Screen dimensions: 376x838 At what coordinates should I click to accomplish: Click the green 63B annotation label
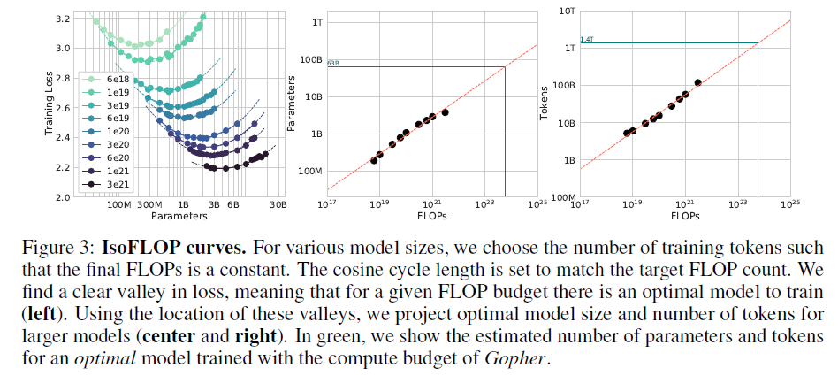point(333,64)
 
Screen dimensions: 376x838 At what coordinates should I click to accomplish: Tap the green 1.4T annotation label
point(586,39)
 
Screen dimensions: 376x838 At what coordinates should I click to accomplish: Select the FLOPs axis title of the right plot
point(685,215)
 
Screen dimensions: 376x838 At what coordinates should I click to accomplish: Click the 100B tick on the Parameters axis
point(309,59)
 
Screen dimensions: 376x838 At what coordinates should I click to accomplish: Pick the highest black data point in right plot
point(698,82)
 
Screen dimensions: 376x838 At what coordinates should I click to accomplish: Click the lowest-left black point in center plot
point(374,160)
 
